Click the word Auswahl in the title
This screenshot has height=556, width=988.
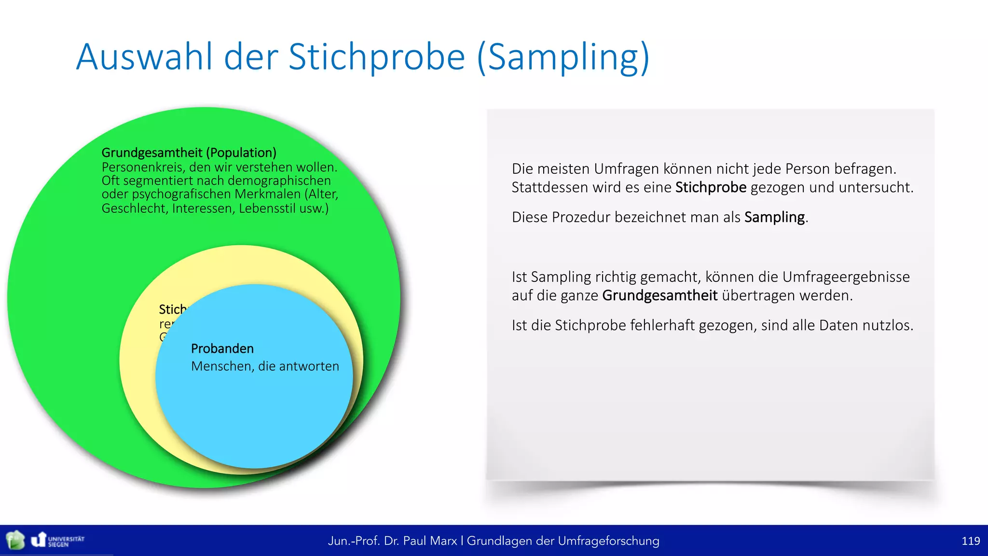144,57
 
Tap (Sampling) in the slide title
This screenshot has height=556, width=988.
563,57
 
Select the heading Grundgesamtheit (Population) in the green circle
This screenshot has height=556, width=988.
189,153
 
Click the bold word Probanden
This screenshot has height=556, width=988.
222,348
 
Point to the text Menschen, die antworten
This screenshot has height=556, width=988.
265,366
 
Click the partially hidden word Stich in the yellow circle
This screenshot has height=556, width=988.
172,309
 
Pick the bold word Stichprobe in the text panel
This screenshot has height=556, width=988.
710,187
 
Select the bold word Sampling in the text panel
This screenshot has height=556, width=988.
774,217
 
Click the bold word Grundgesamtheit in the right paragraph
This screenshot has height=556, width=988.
659,295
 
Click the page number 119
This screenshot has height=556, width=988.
970,541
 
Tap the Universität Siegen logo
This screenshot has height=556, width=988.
58,540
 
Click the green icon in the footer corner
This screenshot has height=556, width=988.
15,540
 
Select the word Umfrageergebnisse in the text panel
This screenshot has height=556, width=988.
845,277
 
